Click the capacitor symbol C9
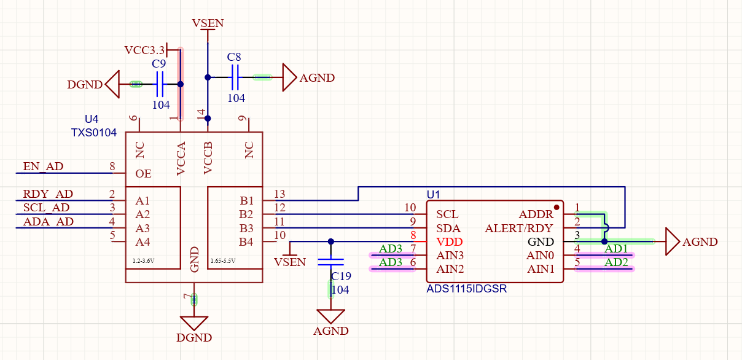tap(160, 84)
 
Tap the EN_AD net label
tap(43, 166)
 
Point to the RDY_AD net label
tap(48, 195)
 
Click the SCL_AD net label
tap(46, 208)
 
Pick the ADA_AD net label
tap(48, 222)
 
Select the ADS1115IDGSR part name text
tap(467, 289)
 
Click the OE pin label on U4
tap(143, 174)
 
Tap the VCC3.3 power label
tap(145, 50)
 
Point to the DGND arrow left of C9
tap(112, 84)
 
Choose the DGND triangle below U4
tap(194, 323)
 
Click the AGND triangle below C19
tap(331, 317)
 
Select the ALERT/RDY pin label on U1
tap(519, 229)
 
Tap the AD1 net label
tap(616, 249)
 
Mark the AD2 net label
tap(616, 263)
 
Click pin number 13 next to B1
tap(280, 194)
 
